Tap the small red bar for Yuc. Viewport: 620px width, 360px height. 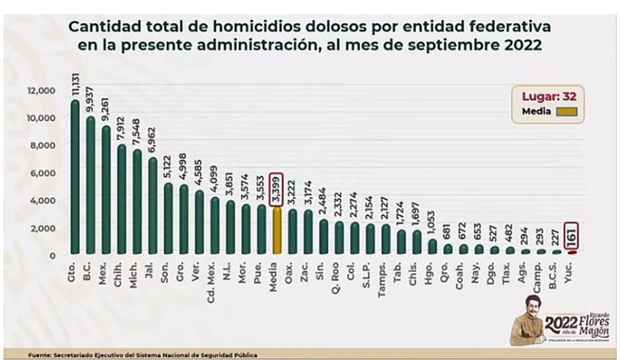pyautogui.click(x=573, y=251)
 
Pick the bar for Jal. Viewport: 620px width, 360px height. pyautogui.click(x=153, y=206)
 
